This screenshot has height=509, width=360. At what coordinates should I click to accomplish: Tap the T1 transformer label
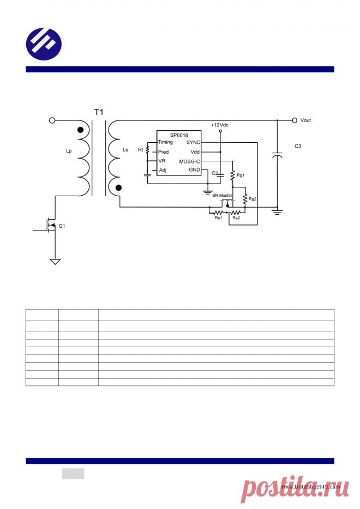tap(98, 112)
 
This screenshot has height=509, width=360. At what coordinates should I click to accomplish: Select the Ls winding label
tap(125, 149)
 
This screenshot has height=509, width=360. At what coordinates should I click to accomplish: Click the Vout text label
tap(305, 120)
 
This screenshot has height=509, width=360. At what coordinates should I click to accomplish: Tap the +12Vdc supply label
tap(219, 125)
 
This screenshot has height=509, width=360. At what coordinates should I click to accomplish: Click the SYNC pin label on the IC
tap(193, 142)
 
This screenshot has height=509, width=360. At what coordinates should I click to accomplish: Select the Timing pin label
tap(165, 142)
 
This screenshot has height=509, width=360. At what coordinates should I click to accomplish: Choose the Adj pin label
tap(163, 171)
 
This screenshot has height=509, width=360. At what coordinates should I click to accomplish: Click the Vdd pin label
tap(195, 152)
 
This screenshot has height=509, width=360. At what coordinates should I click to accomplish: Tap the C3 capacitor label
tap(298, 146)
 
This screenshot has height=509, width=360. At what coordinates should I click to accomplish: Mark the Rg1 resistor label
tap(241, 175)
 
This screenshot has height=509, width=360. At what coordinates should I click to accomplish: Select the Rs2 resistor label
tap(236, 218)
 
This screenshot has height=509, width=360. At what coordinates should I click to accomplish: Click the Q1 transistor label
tap(62, 226)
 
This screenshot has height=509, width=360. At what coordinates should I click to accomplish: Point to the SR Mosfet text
tap(222, 195)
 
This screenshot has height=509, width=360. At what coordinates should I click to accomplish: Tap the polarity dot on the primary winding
tap(81, 130)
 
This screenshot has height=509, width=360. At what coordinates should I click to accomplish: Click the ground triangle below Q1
tap(55, 262)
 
